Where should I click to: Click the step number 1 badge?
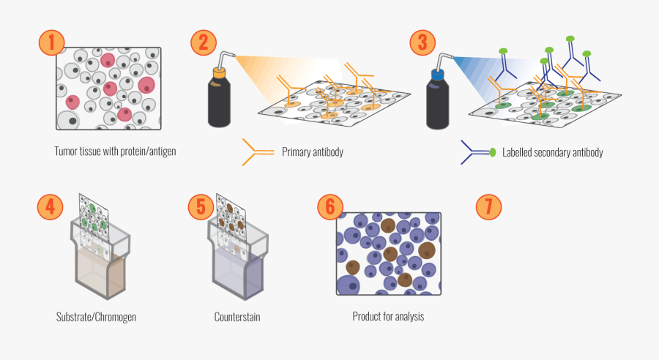tap(51, 42)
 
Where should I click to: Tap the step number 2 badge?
tap(204, 42)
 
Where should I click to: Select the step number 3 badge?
tap(422, 42)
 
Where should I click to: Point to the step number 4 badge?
tap(50, 206)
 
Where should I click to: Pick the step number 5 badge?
tap(201, 206)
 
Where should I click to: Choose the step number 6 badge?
tap(330, 206)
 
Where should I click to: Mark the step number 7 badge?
tap(489, 206)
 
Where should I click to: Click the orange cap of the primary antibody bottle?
tap(220, 72)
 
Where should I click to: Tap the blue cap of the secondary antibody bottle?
tap(438, 75)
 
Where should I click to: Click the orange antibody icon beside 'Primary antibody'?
tap(258, 151)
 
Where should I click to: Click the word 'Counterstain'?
tap(237, 317)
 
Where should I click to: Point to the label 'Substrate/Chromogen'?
tap(96, 317)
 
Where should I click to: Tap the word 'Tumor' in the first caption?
tap(64, 151)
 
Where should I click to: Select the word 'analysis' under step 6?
tap(410, 316)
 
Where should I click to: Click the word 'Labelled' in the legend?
tap(516, 152)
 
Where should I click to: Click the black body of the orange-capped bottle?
tap(219, 103)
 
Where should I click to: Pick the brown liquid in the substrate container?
tap(101, 273)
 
